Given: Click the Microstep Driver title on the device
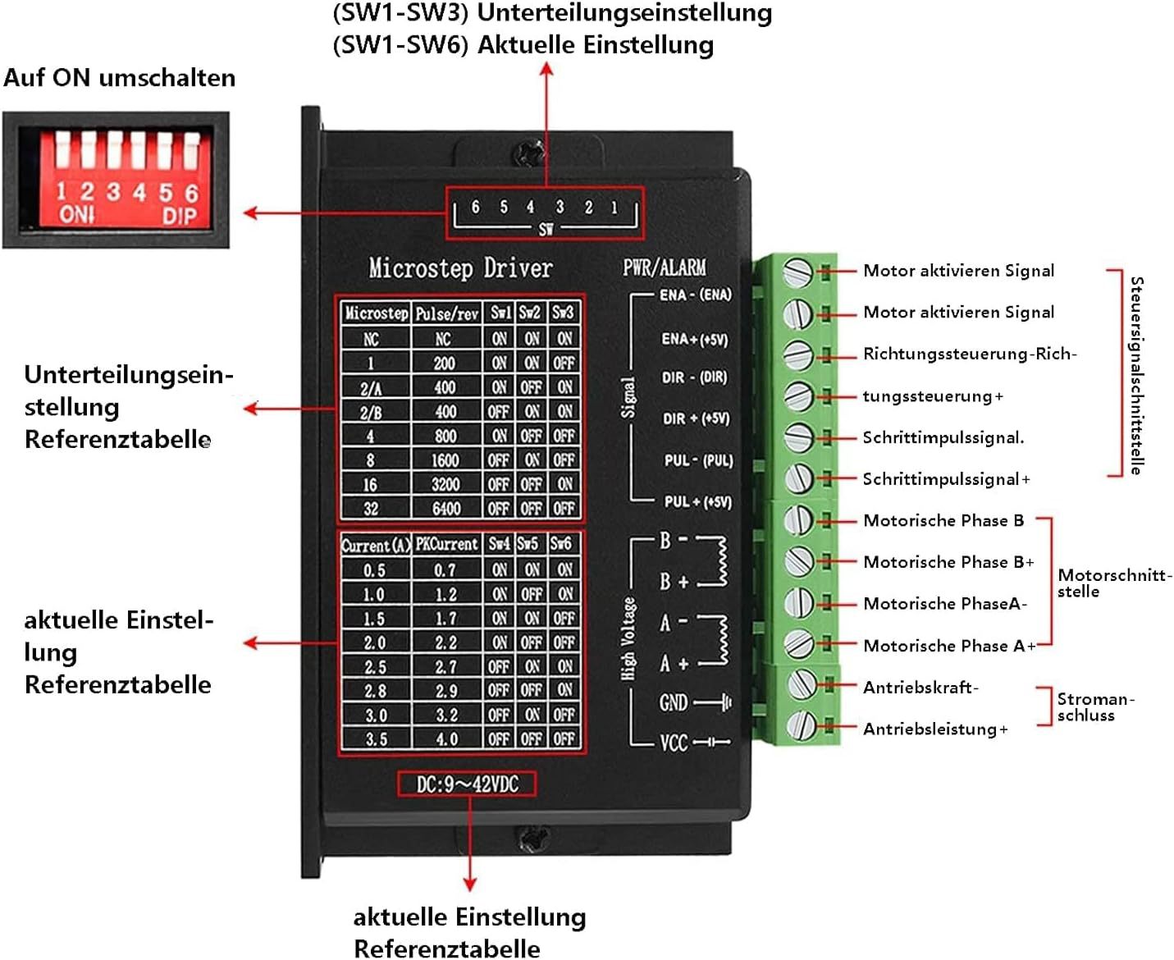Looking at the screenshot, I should pos(460,268).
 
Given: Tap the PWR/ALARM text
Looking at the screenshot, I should pos(664,267).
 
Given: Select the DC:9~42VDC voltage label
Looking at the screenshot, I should pos(467,784).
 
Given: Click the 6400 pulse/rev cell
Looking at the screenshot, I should pos(445,509).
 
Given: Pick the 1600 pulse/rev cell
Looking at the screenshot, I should pos(445,460).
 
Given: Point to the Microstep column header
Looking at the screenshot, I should pos(376,313).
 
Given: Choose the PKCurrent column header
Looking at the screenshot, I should pos(446,544).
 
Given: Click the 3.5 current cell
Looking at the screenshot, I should pos(375,739).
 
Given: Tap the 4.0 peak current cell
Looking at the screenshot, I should pos(446,739).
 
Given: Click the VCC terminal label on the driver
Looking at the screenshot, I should pos(674,743).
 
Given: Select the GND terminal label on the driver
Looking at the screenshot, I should pos(674,703).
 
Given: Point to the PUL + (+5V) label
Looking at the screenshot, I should pos(697,501).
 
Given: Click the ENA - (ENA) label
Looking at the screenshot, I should pos(695,295).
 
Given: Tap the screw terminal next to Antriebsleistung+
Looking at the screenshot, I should pos(800,725).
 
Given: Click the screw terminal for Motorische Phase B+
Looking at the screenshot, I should pos(798,561).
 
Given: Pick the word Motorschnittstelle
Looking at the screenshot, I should pos(1112,583).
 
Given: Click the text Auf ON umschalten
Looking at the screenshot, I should pos(120,78).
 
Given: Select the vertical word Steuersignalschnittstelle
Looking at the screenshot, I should pos(1136,375).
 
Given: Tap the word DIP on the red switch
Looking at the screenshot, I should pos(179,215).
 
